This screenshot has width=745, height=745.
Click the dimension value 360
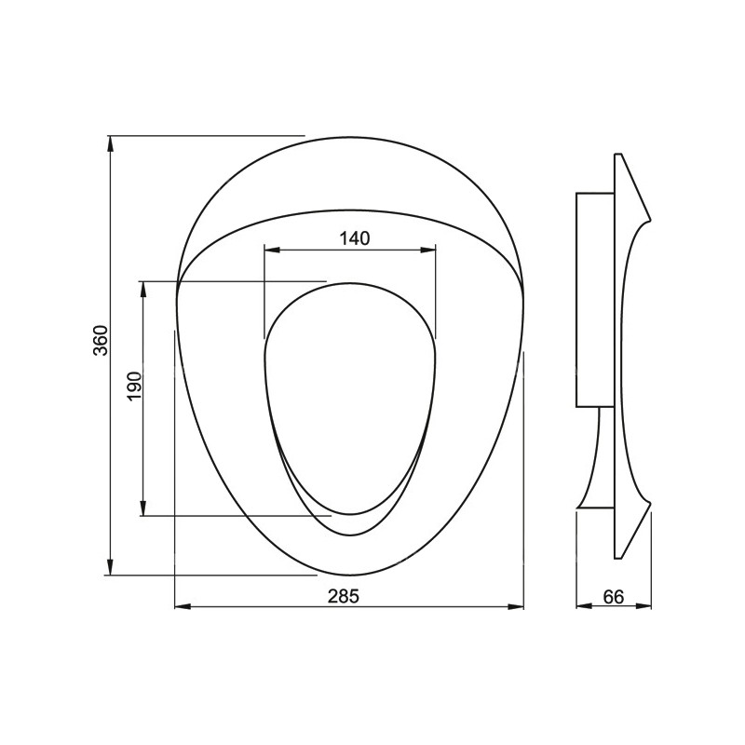click(x=101, y=340)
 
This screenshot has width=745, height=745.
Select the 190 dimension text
click(x=134, y=386)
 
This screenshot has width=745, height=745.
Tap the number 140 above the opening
click(x=355, y=238)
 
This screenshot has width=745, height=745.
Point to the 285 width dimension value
click(x=344, y=596)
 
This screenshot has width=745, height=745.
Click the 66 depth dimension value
click(x=613, y=597)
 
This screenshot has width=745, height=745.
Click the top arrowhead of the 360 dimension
click(x=110, y=144)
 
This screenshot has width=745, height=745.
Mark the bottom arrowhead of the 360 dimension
click(x=110, y=566)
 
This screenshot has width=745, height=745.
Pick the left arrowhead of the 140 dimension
click(x=273, y=250)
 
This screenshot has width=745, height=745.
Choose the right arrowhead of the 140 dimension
click(x=427, y=250)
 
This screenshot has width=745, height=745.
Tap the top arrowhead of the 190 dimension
click(x=142, y=290)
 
